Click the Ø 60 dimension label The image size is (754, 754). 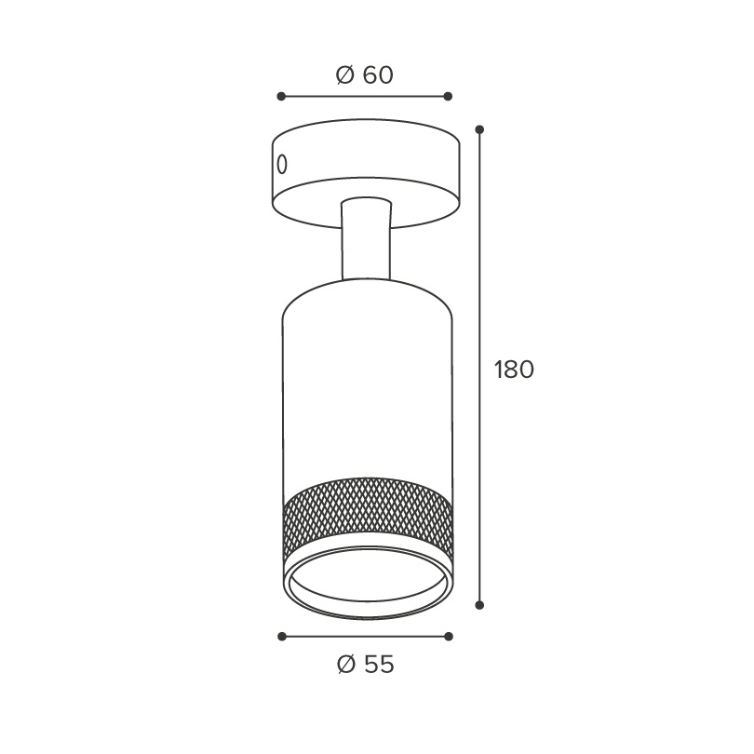pos(365,75)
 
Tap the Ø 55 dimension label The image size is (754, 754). pos(366,665)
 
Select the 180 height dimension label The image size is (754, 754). pos(514,370)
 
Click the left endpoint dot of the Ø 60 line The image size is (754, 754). pos(281,97)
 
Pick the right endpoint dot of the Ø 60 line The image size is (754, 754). pos(448,97)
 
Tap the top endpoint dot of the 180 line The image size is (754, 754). pos(479,129)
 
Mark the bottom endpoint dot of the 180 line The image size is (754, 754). pos(479,605)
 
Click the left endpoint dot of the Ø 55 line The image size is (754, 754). pos(282,637)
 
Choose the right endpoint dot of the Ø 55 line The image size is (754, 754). pos(449,637)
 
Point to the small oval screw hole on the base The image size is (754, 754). pos(282,165)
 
